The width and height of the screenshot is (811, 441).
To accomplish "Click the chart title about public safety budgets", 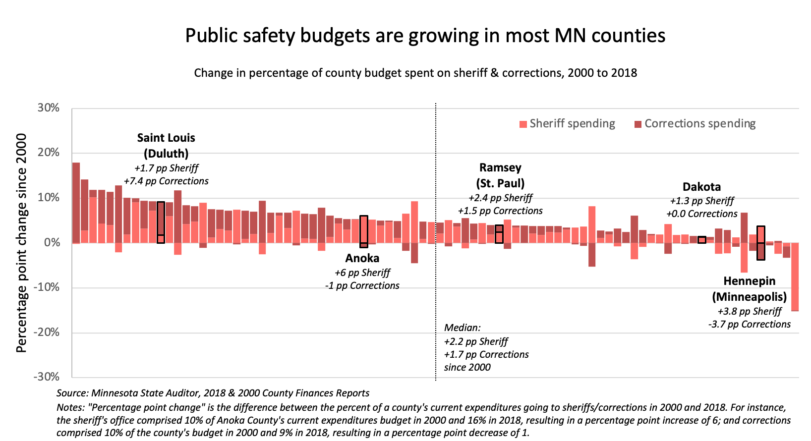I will pyautogui.click(x=425, y=36).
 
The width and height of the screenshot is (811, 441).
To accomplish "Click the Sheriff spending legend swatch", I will pyautogui.click(x=523, y=124).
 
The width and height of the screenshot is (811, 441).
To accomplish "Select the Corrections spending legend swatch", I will pyautogui.click(x=638, y=124).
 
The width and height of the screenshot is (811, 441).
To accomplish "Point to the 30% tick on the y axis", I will pyautogui.click(x=49, y=108).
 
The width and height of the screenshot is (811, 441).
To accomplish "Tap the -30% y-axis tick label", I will pyautogui.click(x=47, y=377).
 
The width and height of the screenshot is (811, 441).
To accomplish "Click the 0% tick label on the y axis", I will pyautogui.click(x=52, y=243).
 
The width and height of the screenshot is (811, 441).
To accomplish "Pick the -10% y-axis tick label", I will pyautogui.click(x=47, y=287).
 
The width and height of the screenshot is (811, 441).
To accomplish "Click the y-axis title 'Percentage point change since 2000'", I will pyautogui.click(x=21, y=243).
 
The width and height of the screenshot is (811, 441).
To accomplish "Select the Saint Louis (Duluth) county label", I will pyautogui.click(x=166, y=146).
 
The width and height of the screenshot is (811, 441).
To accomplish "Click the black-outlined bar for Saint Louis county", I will pyautogui.click(x=161, y=222).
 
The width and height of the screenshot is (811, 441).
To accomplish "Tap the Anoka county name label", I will pyautogui.click(x=362, y=258).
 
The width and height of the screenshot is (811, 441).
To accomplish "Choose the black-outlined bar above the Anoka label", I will pyautogui.click(x=364, y=231).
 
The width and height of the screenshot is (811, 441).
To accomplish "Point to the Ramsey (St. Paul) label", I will pyautogui.click(x=500, y=175).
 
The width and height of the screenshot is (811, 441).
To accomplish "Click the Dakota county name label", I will pyautogui.click(x=701, y=187).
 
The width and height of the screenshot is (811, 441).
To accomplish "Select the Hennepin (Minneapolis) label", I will pyautogui.click(x=749, y=289).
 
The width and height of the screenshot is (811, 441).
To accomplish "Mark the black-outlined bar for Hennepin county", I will pyautogui.click(x=761, y=243).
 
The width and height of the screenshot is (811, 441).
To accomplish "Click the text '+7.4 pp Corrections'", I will pyautogui.click(x=166, y=181).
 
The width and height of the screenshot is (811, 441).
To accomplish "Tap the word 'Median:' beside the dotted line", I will pyautogui.click(x=462, y=328).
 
